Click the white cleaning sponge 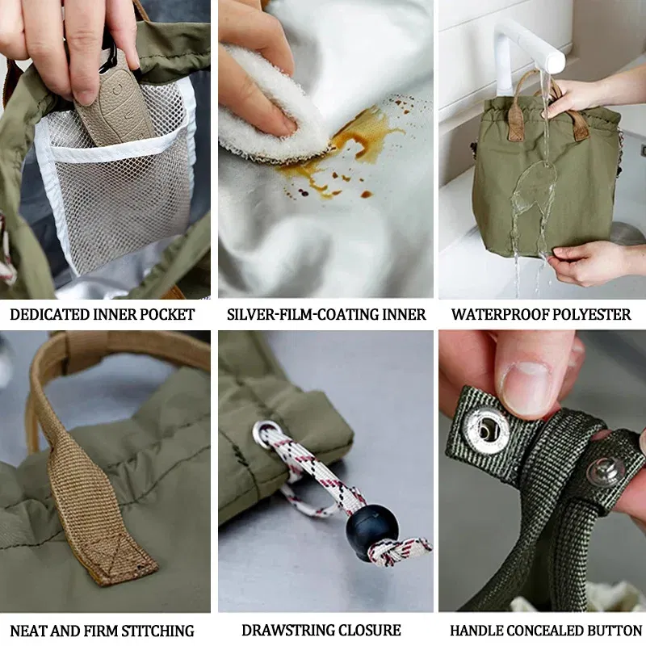(266, 105)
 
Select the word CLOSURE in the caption (370, 631)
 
